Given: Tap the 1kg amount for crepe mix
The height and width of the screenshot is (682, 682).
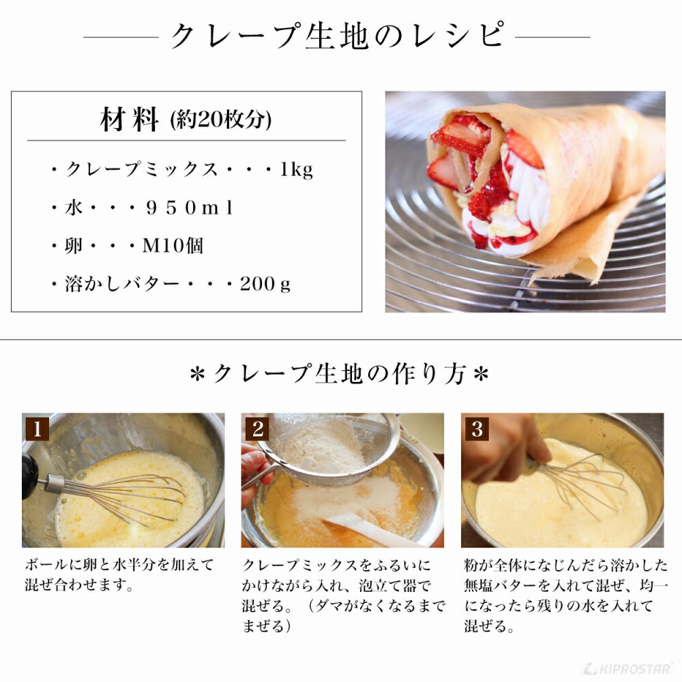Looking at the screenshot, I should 297,170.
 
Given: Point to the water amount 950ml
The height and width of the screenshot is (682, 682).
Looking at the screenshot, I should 190,209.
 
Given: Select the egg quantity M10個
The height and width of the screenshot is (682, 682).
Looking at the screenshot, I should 173,246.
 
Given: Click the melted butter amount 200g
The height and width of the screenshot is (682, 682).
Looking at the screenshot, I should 265,284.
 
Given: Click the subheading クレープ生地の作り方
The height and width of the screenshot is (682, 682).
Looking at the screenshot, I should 339,374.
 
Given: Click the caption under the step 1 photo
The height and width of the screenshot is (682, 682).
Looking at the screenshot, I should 119,574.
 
